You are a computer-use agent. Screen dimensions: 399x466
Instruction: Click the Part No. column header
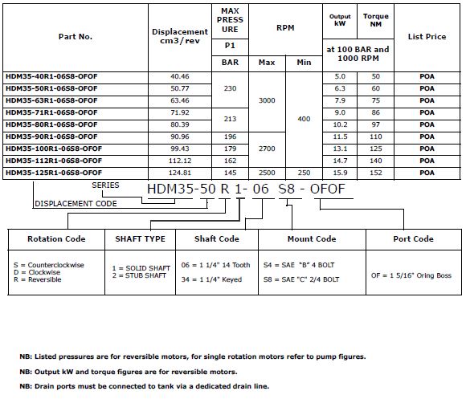click(x=75, y=37)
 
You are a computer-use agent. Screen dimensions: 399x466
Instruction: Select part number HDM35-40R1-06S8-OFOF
click(x=51, y=76)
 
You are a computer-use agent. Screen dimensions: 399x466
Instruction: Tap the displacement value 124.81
click(x=180, y=172)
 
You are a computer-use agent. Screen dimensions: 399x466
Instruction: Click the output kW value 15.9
click(x=339, y=172)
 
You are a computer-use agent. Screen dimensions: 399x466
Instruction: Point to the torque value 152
click(x=374, y=172)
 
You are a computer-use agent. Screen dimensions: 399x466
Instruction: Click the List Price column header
click(x=427, y=37)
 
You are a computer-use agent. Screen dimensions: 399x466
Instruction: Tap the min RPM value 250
click(x=303, y=172)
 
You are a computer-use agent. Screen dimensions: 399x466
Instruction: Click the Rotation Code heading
click(x=56, y=239)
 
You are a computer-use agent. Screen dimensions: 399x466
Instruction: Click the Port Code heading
click(x=413, y=239)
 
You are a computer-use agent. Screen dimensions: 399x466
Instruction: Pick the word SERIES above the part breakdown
click(x=105, y=185)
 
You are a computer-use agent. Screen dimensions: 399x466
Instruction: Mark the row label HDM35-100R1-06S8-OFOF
click(x=53, y=148)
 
